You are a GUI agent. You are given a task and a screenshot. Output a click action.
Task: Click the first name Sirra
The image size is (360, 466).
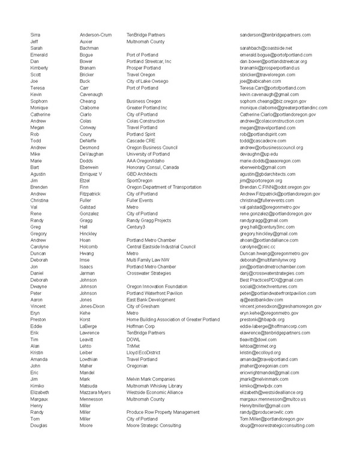pyautogui.click(x=36, y=35)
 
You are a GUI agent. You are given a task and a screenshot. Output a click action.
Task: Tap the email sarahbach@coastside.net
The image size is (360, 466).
pyautogui.click(x=266, y=48)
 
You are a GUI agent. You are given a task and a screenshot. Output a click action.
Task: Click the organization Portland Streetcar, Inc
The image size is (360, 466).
pyautogui.click(x=149, y=61)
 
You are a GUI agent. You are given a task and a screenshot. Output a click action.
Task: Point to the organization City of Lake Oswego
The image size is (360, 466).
pyautogui.click(x=146, y=81)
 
